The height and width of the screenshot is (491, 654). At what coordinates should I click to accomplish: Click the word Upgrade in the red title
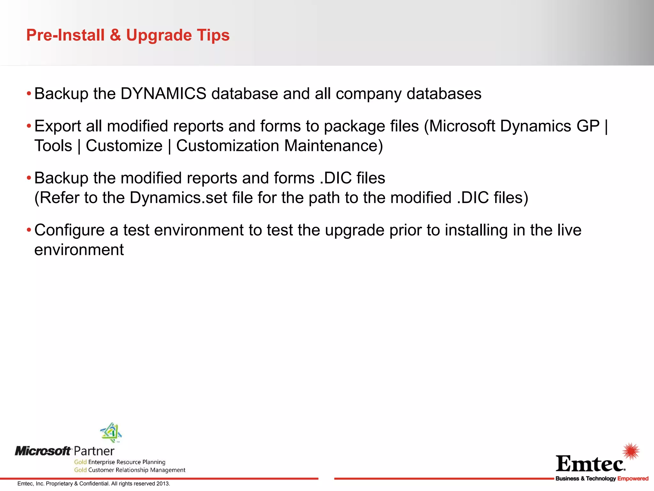coord(159,35)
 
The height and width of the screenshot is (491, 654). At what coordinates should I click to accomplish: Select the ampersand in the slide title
coord(115,35)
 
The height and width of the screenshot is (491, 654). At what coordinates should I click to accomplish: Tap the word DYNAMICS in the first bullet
coord(163,94)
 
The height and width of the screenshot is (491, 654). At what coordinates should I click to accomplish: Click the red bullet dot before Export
coord(29,126)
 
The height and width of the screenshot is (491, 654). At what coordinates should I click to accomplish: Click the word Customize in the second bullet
coord(124,146)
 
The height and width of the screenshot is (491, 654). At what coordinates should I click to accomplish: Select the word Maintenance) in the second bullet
coord(333,146)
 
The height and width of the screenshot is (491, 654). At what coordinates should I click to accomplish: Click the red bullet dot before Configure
coord(29,230)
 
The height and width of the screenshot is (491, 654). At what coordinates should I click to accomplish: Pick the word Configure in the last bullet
coord(69,230)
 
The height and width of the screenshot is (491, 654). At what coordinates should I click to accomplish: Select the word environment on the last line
coord(79,250)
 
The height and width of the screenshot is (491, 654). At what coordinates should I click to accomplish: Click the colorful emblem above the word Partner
coord(111,433)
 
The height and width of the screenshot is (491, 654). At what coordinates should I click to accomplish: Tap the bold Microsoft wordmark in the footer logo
coord(43,451)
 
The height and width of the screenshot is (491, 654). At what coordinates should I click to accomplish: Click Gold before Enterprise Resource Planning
coord(80,462)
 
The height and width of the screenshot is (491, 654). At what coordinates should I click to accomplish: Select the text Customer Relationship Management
coord(137,470)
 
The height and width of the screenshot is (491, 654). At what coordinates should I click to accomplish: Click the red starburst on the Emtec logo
coord(631,451)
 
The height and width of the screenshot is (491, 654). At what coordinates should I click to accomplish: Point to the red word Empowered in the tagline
coord(633,479)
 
